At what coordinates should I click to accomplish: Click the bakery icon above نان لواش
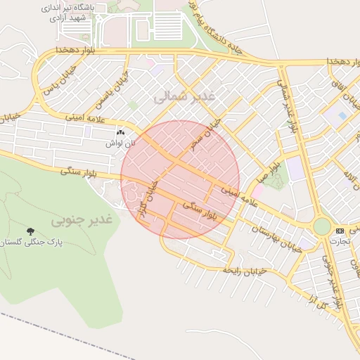120,132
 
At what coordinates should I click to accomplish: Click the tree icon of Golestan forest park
30,231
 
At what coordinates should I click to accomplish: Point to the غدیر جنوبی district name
82,220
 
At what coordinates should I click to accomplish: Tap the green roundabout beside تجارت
321,226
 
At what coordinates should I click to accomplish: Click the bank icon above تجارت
340,231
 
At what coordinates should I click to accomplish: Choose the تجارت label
340,240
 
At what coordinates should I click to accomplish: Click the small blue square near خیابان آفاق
342,115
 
